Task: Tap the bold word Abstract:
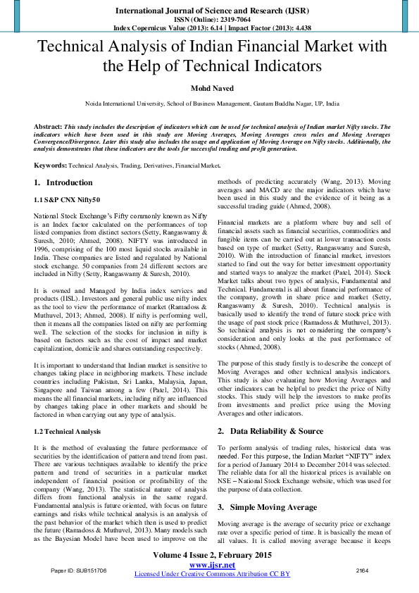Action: [x=48, y=127]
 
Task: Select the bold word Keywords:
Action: [x=51, y=166]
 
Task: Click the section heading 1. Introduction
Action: [x=63, y=183]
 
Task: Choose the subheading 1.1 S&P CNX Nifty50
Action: [x=68, y=200]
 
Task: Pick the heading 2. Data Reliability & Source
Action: [x=270, y=431]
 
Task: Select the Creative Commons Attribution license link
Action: [x=212, y=574]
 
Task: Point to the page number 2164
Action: [x=363, y=569]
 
